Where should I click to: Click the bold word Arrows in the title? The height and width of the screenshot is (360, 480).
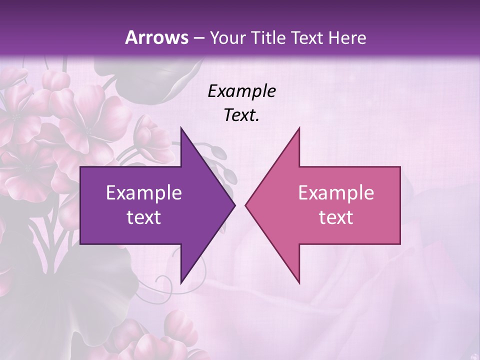(x=157, y=37)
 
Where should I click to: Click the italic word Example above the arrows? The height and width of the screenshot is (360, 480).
(x=242, y=91)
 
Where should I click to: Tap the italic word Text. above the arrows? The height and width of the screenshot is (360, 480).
(x=242, y=115)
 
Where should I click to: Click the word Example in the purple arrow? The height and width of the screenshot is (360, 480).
(x=144, y=192)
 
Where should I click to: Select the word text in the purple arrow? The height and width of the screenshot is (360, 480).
(x=144, y=217)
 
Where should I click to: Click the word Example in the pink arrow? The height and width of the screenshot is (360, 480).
(x=336, y=192)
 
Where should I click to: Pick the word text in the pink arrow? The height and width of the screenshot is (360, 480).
(x=336, y=217)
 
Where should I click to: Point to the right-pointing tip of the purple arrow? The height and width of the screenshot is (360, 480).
(x=235, y=205)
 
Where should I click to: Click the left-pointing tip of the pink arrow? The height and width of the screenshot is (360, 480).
(x=245, y=205)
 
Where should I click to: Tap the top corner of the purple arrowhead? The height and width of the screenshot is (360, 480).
(x=181, y=127)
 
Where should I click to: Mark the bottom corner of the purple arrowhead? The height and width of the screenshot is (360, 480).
(x=181, y=283)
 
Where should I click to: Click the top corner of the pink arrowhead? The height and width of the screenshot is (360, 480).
(x=299, y=127)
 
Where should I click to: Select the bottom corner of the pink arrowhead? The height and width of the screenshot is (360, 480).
(x=299, y=283)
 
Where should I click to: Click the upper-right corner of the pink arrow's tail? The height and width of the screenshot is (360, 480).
(x=400, y=167)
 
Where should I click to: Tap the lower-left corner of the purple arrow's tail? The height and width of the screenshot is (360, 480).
(x=80, y=244)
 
